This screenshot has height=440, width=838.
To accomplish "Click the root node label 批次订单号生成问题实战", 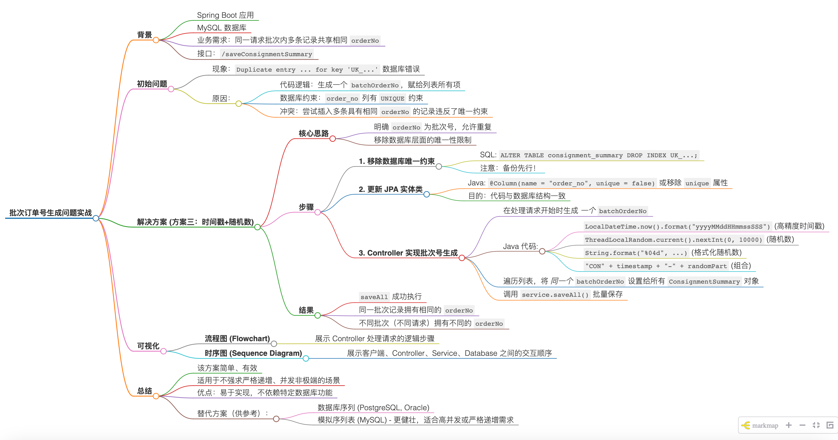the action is (50, 213).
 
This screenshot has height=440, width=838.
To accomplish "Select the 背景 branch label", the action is (144, 35).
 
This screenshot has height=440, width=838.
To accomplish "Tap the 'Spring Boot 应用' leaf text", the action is (225, 15).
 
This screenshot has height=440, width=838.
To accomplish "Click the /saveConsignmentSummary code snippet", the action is (267, 54).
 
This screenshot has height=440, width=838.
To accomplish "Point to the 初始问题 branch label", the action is (152, 84).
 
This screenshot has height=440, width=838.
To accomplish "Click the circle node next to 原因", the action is (239, 103).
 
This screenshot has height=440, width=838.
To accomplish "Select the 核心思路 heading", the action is (314, 133).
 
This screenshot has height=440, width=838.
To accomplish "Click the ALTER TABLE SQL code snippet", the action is (599, 156).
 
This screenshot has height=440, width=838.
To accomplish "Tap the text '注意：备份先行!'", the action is (507, 168).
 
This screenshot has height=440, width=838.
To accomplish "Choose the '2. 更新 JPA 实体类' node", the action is (390, 189).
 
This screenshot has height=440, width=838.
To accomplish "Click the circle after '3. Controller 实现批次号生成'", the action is (462, 258).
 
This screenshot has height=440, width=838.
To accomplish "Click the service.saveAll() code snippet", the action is (555, 295).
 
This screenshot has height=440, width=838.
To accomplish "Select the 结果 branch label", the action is (306, 310).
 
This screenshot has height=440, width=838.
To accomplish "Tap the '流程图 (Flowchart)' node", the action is (237, 339).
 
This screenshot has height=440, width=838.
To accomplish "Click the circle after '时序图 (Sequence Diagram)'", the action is (306, 358).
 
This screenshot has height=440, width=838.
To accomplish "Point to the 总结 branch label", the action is (144, 391).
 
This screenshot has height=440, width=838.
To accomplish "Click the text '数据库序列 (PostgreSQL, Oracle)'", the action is (373, 407).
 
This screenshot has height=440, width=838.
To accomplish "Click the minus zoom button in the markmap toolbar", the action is (802, 425).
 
